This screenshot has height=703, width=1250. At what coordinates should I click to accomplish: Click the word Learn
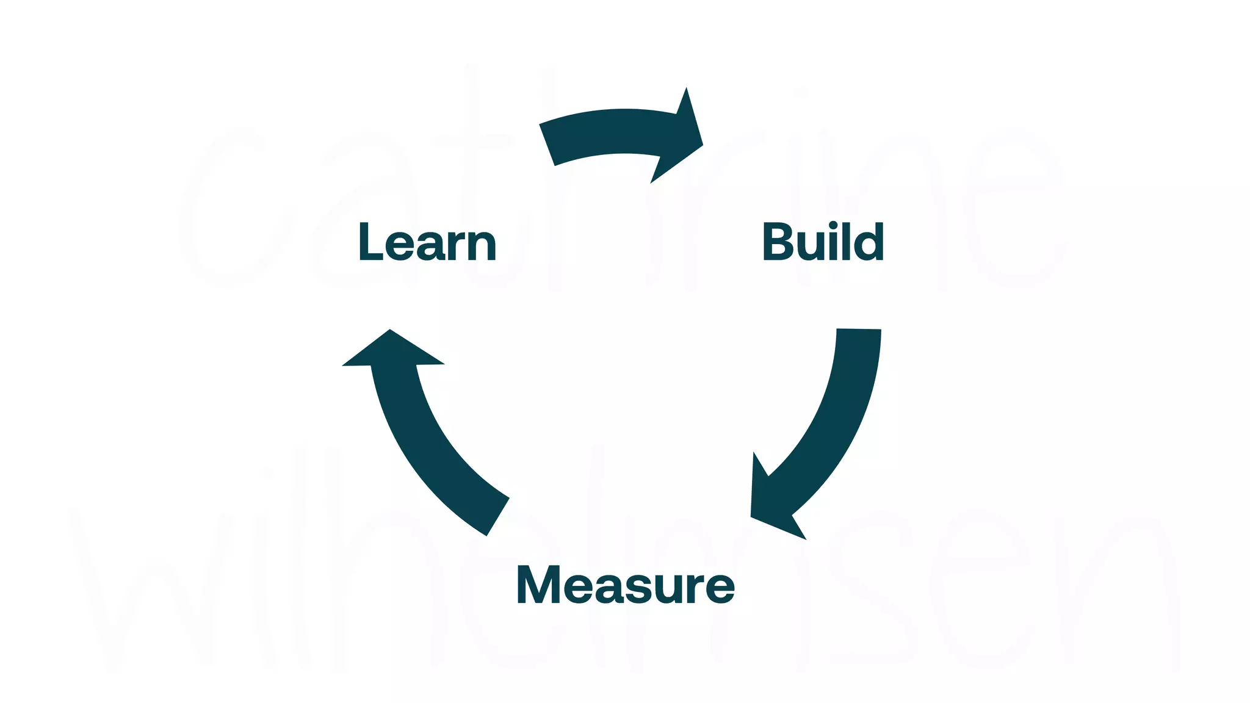(427, 242)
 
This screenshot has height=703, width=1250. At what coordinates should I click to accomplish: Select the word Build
(823, 242)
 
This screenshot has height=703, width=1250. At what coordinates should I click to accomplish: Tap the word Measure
(625, 585)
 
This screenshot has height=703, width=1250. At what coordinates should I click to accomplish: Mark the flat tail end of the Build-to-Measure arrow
(859, 331)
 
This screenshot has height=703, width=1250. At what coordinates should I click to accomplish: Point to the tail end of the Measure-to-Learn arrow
(497, 516)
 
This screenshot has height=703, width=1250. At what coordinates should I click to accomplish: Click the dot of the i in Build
(834, 225)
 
